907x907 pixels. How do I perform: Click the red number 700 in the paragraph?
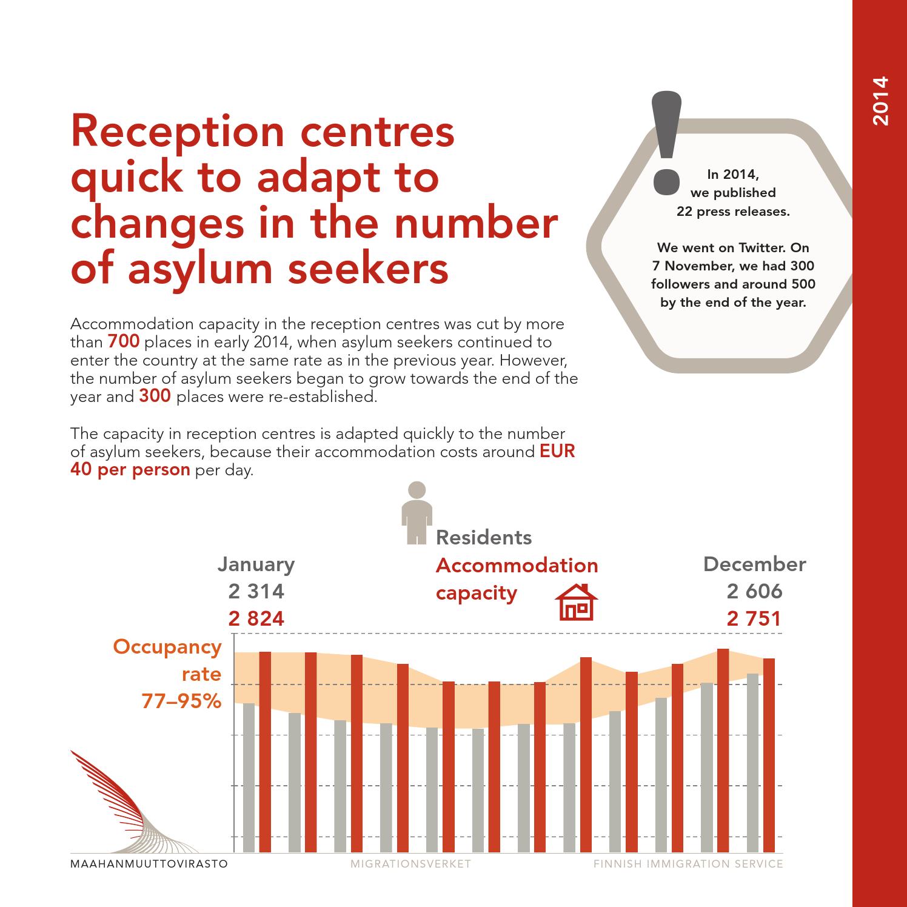124,342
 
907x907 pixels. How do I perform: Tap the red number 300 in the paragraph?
155,397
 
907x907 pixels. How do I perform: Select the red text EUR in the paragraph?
557,452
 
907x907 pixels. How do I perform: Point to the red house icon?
577,602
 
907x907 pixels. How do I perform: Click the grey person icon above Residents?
417,512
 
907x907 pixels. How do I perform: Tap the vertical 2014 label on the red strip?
880,101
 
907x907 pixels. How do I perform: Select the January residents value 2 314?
256,591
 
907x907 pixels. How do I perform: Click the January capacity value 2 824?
256,618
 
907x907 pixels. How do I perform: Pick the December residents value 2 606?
754,591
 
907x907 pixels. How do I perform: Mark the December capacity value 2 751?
754,618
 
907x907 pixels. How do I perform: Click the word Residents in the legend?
484,537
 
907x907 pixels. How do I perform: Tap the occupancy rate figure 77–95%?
181,701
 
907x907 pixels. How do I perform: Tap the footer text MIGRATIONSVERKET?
410,864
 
